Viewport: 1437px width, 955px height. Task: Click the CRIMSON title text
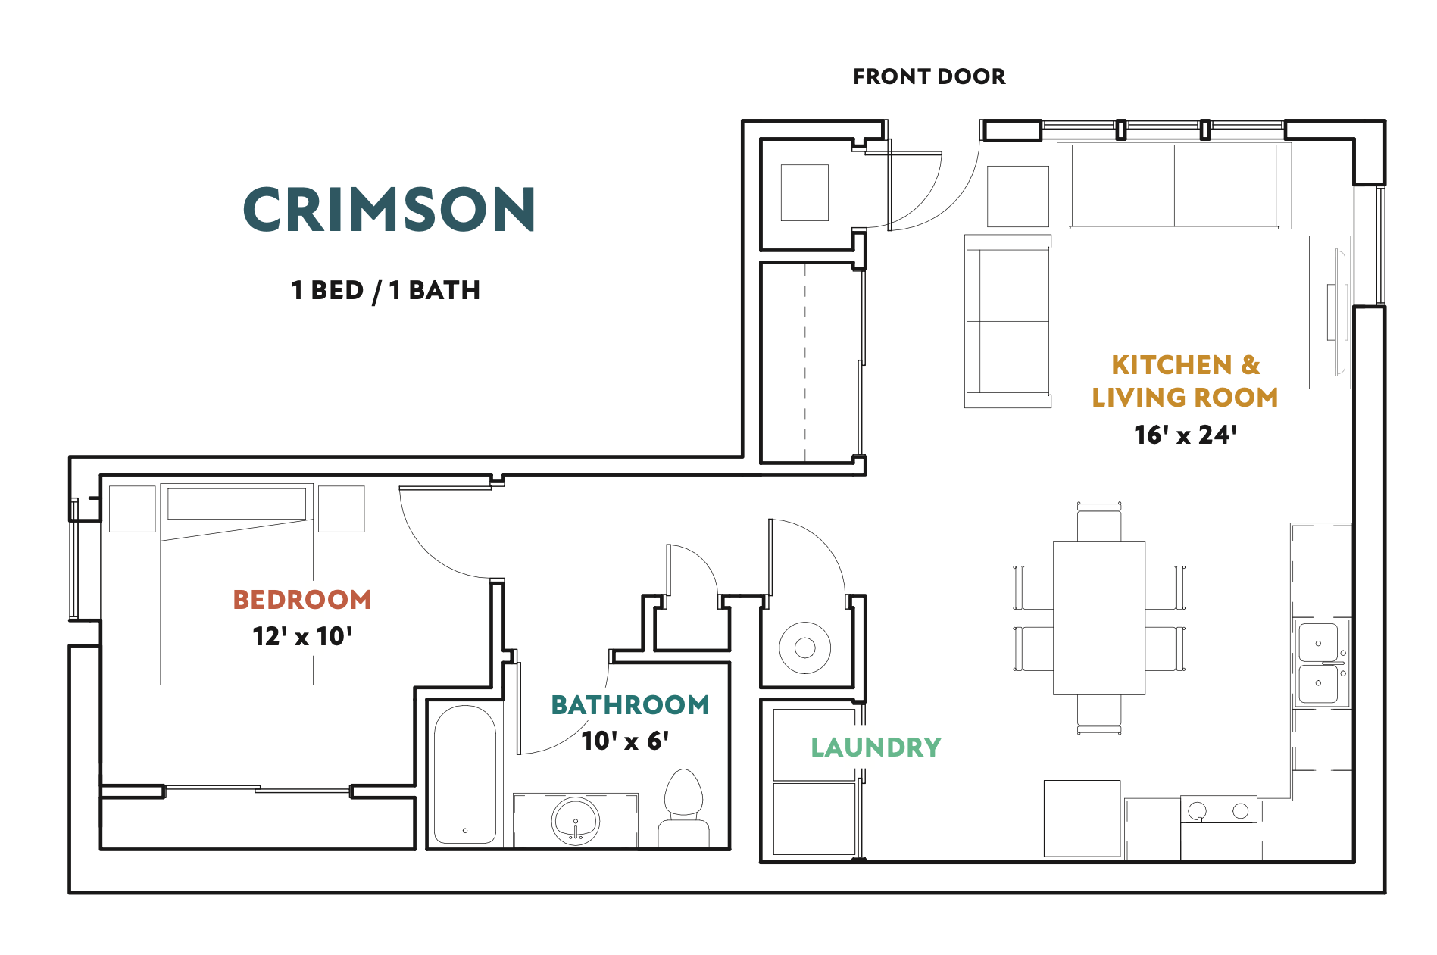(389, 209)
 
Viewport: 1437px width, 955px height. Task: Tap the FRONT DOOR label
(929, 76)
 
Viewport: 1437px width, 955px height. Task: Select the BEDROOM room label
(302, 600)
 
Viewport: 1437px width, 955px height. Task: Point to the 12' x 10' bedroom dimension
(302, 636)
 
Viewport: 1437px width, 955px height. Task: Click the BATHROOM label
(630, 705)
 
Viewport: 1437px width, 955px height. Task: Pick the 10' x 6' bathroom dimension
(625, 740)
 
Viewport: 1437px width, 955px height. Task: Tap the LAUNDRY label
(876, 747)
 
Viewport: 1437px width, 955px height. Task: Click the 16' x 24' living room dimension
(1186, 435)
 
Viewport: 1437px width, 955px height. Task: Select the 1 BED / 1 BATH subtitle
(386, 290)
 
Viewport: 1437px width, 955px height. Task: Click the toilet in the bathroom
(683, 809)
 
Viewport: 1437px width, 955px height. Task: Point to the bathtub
(465, 775)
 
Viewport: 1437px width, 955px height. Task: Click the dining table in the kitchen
(1099, 618)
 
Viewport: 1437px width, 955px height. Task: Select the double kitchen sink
(1320, 663)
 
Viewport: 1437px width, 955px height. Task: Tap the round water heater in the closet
(804, 648)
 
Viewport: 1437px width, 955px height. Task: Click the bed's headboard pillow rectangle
(236, 504)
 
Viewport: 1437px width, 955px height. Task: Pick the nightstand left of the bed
(133, 509)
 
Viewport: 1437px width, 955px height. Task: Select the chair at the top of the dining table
(1099, 522)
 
